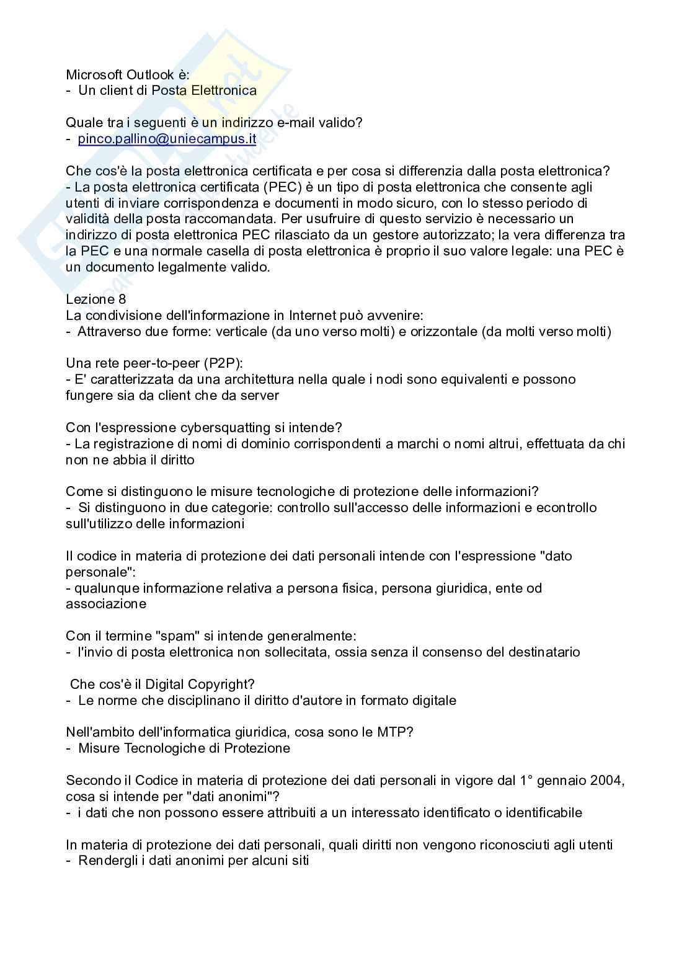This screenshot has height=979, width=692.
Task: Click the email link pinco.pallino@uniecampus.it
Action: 167,139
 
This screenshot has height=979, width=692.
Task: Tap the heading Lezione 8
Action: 96,299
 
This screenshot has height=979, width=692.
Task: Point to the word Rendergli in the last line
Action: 105,861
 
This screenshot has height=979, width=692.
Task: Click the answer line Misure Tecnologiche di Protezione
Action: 184,748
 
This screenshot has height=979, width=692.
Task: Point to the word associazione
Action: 106,604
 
